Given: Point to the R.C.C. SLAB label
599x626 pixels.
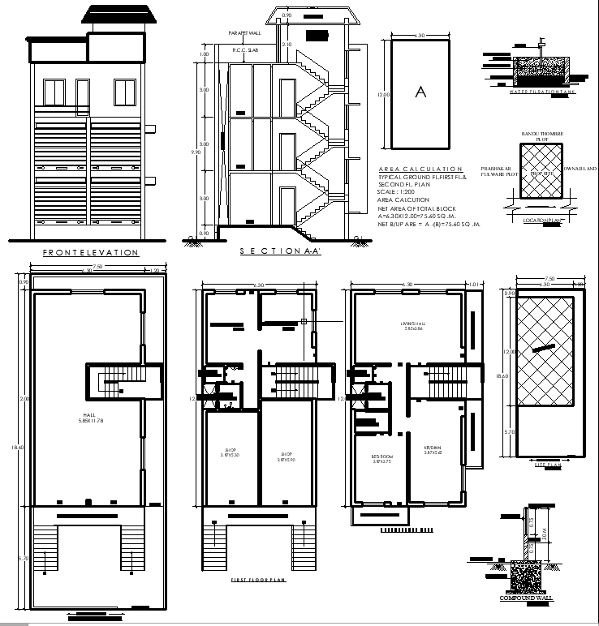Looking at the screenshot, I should tap(244, 50).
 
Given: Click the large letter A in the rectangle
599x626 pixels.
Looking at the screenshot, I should tap(420, 92).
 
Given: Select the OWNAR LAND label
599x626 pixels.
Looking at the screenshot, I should tap(580, 169).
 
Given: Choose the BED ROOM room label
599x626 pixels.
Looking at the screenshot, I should tap(381, 458).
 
